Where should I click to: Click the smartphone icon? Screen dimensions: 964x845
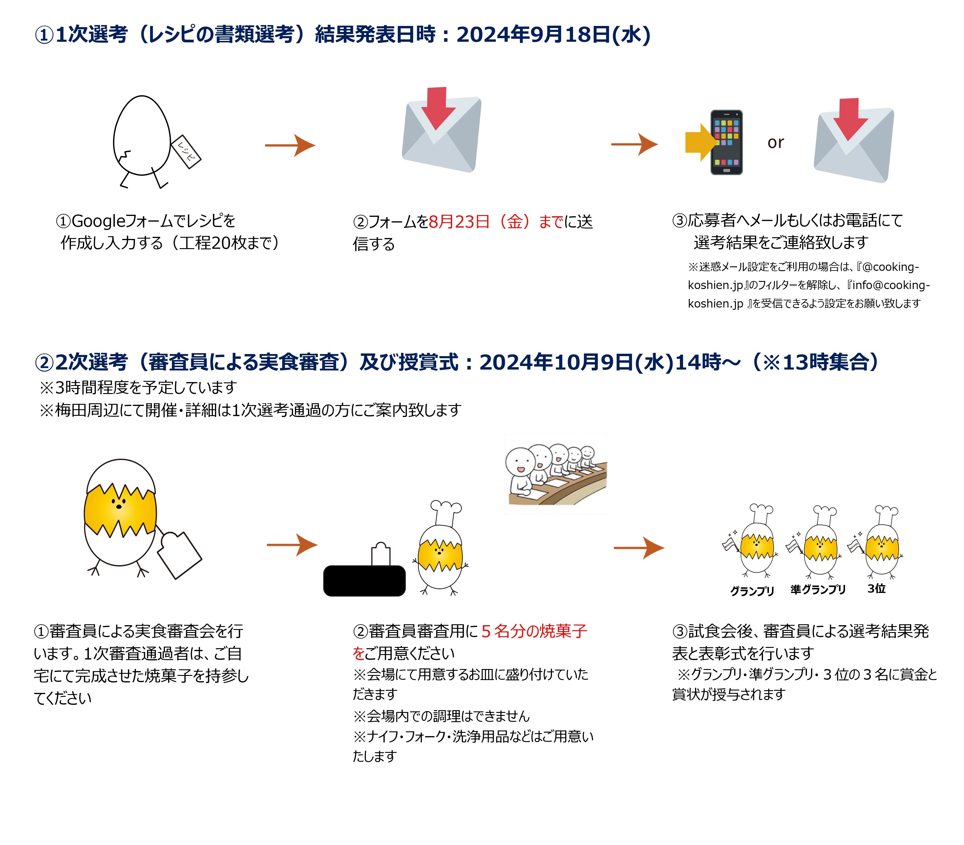[726, 142]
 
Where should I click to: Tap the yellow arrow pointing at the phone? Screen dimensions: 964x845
[700, 142]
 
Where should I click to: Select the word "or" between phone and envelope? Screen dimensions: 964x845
[776, 142]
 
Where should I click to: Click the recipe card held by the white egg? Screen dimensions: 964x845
[186, 151]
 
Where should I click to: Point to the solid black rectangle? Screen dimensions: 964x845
[364, 580]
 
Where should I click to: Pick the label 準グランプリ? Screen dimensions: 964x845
[818, 589]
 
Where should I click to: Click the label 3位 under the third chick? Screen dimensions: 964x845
[876, 588]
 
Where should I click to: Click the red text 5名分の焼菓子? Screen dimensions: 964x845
[534, 631]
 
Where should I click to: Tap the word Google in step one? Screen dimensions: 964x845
[98, 221]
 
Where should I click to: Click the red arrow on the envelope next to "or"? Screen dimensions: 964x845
[850, 118]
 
